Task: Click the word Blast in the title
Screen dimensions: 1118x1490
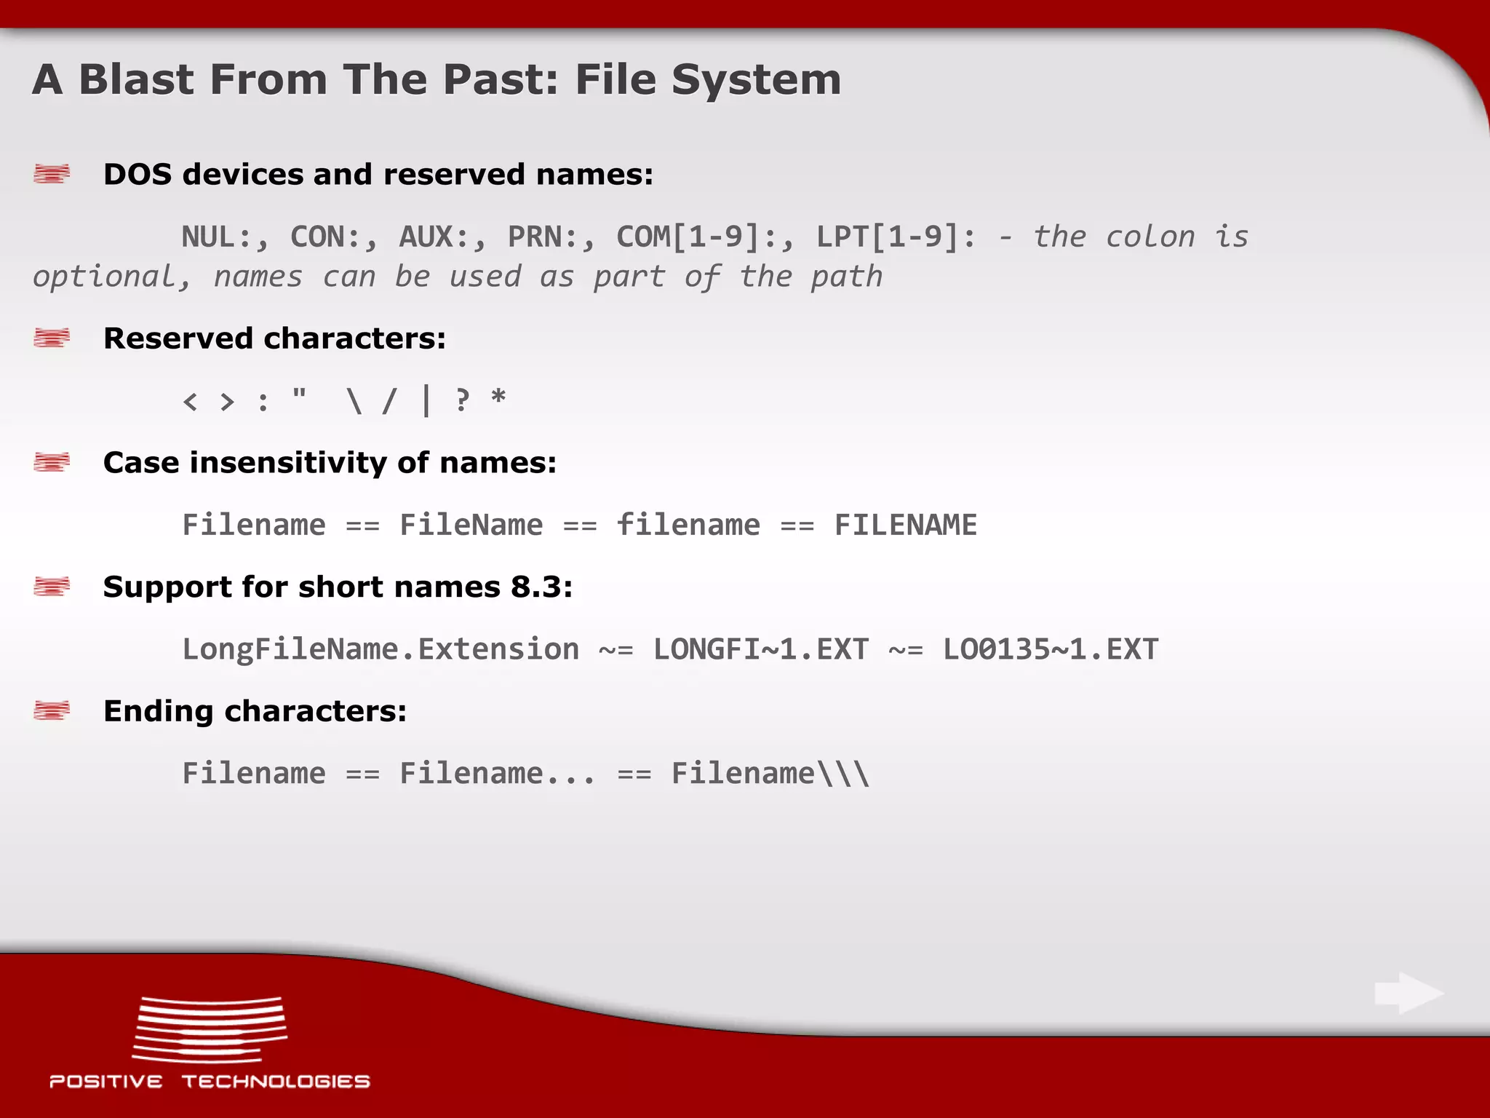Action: (137, 79)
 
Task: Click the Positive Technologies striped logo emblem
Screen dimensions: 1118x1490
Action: (210, 1030)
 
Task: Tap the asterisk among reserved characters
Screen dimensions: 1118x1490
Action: (498, 399)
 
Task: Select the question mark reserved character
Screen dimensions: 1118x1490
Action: (462, 400)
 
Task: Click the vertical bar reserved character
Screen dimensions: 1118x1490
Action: (426, 400)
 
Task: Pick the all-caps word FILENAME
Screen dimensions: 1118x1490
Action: (905, 525)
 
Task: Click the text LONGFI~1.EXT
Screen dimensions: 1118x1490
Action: (760, 649)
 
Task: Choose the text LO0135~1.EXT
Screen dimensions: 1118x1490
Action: (1050, 649)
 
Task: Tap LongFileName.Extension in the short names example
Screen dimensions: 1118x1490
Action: (381, 649)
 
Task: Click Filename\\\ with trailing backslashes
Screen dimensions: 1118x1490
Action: (770, 773)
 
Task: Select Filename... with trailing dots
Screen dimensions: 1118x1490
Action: (498, 773)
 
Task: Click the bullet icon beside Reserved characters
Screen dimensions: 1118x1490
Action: (52, 338)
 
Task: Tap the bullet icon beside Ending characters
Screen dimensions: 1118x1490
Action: (52, 710)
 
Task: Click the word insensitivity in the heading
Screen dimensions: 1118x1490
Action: (288, 463)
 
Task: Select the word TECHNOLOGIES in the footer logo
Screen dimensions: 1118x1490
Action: (276, 1082)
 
